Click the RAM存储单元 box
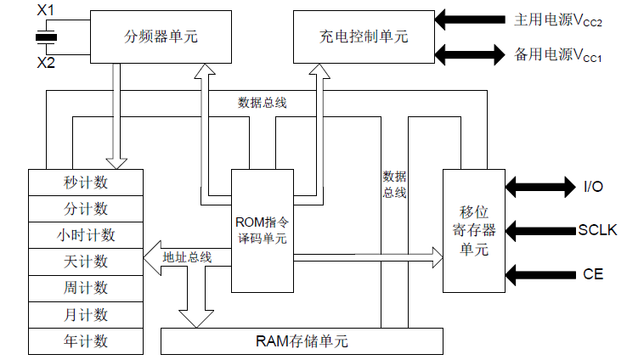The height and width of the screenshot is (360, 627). click(302, 342)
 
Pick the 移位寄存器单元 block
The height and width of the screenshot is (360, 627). click(474, 230)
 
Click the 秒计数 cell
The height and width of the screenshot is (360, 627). click(86, 183)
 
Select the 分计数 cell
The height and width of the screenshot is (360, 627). click(86, 209)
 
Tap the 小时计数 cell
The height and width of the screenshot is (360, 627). click(86, 235)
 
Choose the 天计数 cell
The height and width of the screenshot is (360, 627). click(86, 262)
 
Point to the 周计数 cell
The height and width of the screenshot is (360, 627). click(86, 288)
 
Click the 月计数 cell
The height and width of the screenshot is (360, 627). click(86, 315)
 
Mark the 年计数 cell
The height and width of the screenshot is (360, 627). click(86, 341)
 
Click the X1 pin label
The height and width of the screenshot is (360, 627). click(47, 11)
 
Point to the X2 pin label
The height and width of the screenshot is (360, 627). click(47, 64)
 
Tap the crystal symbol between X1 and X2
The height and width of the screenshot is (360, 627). click(47, 37)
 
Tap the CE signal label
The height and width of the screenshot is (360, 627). click(592, 274)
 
